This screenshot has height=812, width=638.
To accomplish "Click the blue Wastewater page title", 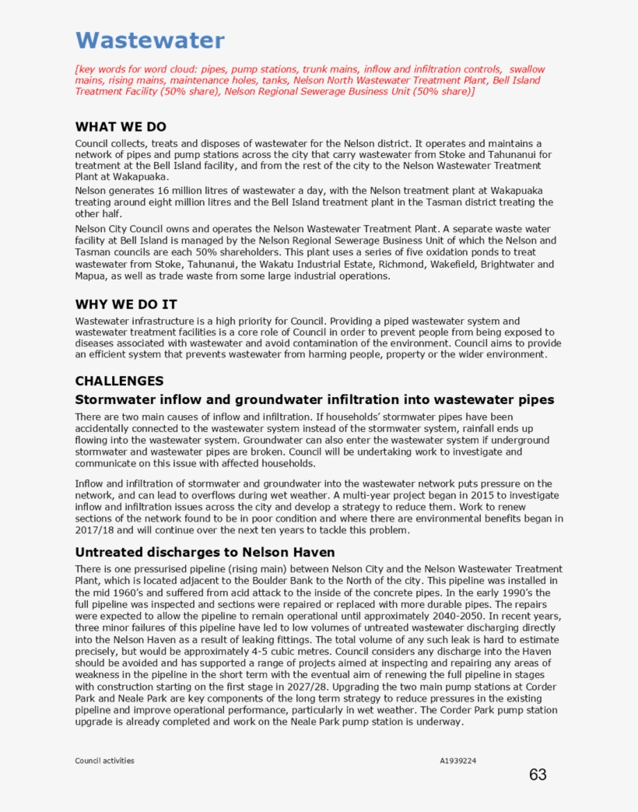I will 149,40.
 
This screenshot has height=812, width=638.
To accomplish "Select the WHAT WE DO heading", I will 121,127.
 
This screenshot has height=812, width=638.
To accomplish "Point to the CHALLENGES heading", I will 119,381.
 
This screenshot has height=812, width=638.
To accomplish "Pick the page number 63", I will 538,775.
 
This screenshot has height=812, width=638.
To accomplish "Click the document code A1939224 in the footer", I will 458,761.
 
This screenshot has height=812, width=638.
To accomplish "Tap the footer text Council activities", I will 104,761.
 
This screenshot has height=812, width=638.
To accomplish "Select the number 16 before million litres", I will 164,191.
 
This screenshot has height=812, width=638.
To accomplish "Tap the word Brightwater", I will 507,264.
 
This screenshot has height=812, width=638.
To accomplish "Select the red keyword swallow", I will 527,69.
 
